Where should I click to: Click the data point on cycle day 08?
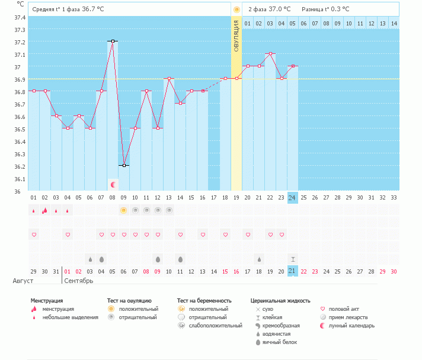tap(112, 41)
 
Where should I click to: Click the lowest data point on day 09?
tap(123, 166)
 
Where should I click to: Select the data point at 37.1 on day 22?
tap(270, 53)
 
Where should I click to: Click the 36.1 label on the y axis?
tap(20, 179)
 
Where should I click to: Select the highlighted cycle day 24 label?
tap(292, 197)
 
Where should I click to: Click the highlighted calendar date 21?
tap(292, 271)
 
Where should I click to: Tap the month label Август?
tap(23, 281)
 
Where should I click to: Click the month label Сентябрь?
tap(79, 281)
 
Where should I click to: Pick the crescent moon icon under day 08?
tap(113, 185)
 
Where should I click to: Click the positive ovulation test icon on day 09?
tap(123, 210)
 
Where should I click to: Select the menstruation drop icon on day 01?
tap(34, 210)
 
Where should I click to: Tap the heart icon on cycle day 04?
tap(68, 235)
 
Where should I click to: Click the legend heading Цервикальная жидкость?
tap(280, 301)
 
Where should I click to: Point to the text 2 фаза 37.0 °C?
tap(269, 9)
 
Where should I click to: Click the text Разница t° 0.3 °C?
tap(325, 9)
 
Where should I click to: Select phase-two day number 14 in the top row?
tap(382, 23)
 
